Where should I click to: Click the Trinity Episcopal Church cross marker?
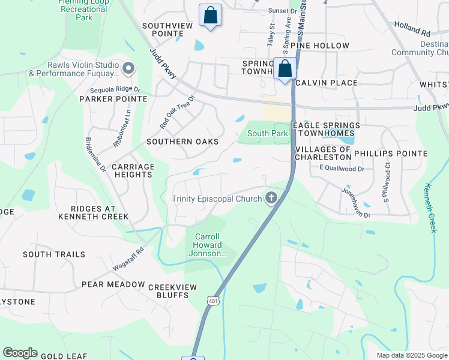coord(271,199)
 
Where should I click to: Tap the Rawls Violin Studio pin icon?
coord(127,69)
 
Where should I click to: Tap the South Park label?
coord(268,133)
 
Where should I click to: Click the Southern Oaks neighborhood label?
coord(182,142)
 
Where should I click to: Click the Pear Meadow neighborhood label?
coord(113,284)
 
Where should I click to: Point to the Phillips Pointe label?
coord(391,154)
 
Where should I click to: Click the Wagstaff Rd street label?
coord(128,259)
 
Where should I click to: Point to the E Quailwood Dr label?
coord(342,169)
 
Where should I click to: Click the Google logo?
coord(20,353)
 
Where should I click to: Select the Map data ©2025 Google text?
coord(411,355)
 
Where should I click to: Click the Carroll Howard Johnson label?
coord(208,245)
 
